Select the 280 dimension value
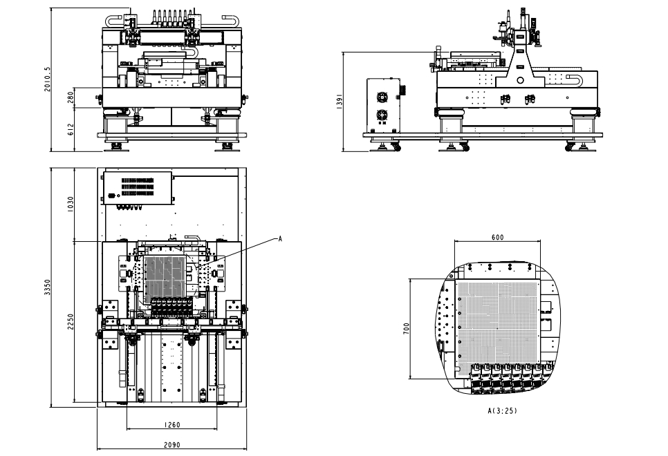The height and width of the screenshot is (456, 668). (70, 97)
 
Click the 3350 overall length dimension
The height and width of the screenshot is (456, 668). (48, 287)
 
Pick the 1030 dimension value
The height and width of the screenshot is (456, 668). (70, 205)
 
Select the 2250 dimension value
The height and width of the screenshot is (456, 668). (70, 322)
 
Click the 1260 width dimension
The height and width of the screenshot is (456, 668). (171, 425)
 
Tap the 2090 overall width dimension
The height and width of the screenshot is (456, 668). (171, 445)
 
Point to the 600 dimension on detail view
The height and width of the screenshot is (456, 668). (497, 237)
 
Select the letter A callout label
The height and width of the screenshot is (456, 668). (279, 238)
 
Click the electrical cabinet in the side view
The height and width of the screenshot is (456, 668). (384, 105)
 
